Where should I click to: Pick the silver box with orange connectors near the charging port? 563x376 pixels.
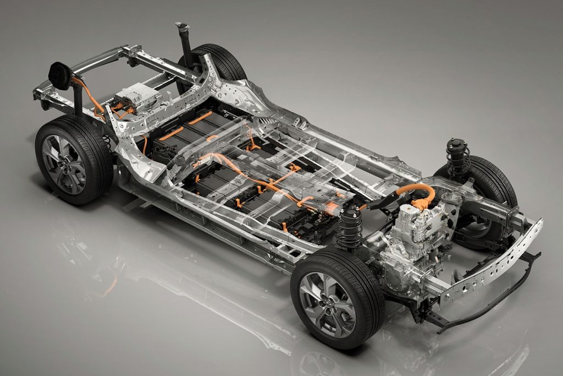[x=135, y=96]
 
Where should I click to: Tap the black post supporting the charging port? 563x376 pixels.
[x=78, y=101]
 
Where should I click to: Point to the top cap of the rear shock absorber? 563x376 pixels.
[x=181, y=26]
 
